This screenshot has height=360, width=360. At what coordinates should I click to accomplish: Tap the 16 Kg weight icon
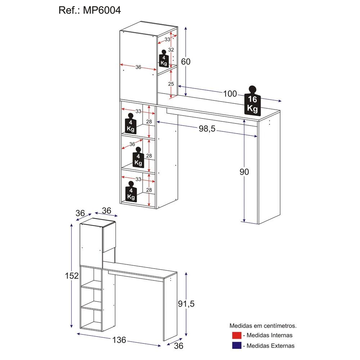252,102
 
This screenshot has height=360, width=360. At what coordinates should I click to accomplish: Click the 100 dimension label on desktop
230,94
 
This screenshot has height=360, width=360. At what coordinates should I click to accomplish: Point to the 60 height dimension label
185,62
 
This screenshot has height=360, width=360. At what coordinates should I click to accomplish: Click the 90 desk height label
244,172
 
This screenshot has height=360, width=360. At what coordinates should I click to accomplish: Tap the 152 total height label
72,276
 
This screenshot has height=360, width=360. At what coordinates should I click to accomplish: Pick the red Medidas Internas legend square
237,336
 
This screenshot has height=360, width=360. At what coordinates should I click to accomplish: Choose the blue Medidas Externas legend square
237,346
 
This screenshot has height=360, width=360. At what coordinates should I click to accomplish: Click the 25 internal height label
171,84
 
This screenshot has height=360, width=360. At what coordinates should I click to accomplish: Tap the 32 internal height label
171,50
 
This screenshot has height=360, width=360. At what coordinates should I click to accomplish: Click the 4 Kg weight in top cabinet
164,59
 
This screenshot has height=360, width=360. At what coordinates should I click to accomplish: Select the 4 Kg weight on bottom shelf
131,192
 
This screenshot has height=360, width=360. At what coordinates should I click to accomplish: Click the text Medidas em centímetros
263,325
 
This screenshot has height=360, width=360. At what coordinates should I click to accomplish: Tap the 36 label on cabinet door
138,67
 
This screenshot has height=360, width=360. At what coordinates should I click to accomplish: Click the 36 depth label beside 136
179,346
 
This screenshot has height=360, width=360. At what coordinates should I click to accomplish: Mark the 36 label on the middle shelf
132,144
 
